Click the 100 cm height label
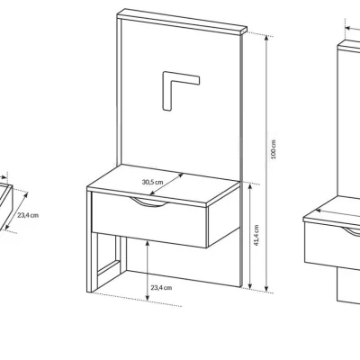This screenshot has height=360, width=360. pyautogui.click(x=273, y=149)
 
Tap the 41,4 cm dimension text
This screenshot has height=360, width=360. pyautogui.click(x=256, y=235)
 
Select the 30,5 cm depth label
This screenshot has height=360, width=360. pyautogui.click(x=152, y=182)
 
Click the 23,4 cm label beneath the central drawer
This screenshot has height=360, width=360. pyautogui.click(x=161, y=288)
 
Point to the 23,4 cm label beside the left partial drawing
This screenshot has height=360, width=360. pyautogui.click(x=28, y=215)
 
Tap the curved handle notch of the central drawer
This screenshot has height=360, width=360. pyautogui.click(x=149, y=202)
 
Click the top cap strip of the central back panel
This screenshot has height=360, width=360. pyautogui.click(x=182, y=21)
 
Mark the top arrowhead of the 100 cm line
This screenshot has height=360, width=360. pyautogui.click(x=265, y=38)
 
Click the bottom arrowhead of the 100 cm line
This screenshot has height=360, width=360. pyautogui.click(x=265, y=289)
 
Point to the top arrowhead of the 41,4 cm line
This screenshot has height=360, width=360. pyautogui.click(x=250, y=186)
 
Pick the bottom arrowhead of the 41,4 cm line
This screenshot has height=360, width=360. pyautogui.click(x=250, y=285)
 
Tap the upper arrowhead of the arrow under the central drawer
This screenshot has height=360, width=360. pyautogui.click(x=147, y=243)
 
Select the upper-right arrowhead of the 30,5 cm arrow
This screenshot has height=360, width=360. pyautogui.click(x=181, y=175)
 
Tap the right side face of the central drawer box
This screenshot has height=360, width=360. pyautogui.click(x=223, y=215)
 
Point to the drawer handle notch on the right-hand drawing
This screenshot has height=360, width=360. pyautogui.click(x=354, y=231)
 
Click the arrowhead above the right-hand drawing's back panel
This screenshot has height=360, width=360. pyautogui.click(x=348, y=28)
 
